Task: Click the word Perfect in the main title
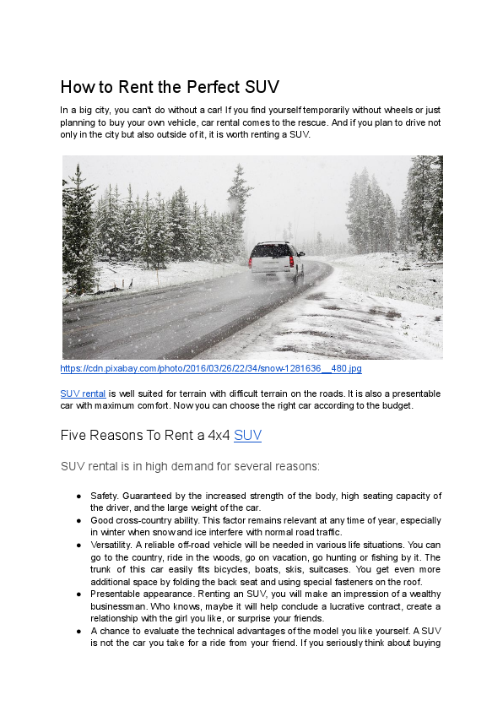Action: pos(202,87)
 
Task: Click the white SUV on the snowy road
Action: pos(277,260)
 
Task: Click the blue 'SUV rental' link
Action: pos(83,393)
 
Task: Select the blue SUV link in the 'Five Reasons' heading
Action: pos(247,436)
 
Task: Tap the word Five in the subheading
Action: pos(74,436)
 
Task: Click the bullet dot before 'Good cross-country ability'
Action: pos(78,521)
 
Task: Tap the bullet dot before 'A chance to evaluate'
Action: pos(78,631)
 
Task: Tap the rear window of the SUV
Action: pos(276,251)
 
